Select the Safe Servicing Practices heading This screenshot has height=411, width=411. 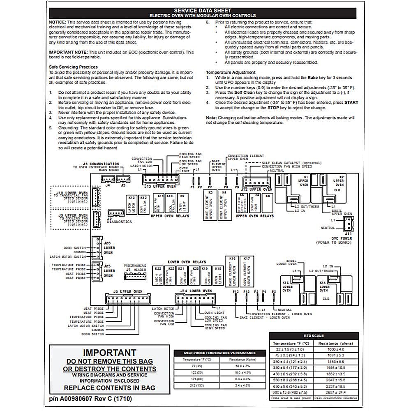click(x=73, y=67)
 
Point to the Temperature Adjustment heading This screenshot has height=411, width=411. click(x=231, y=72)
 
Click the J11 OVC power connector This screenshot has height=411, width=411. click(x=348, y=223)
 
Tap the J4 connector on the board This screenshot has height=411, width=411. click(x=108, y=179)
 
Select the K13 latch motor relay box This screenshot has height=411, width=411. click(x=132, y=204)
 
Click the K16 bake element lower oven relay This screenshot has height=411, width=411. click(x=232, y=271)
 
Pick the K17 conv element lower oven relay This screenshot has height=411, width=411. click(x=246, y=271)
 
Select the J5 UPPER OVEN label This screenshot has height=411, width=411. click(x=128, y=291)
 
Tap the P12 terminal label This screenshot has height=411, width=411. click(x=236, y=291)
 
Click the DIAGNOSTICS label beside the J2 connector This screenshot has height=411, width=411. click(x=119, y=222)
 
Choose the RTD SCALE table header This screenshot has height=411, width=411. click(x=314, y=336)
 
